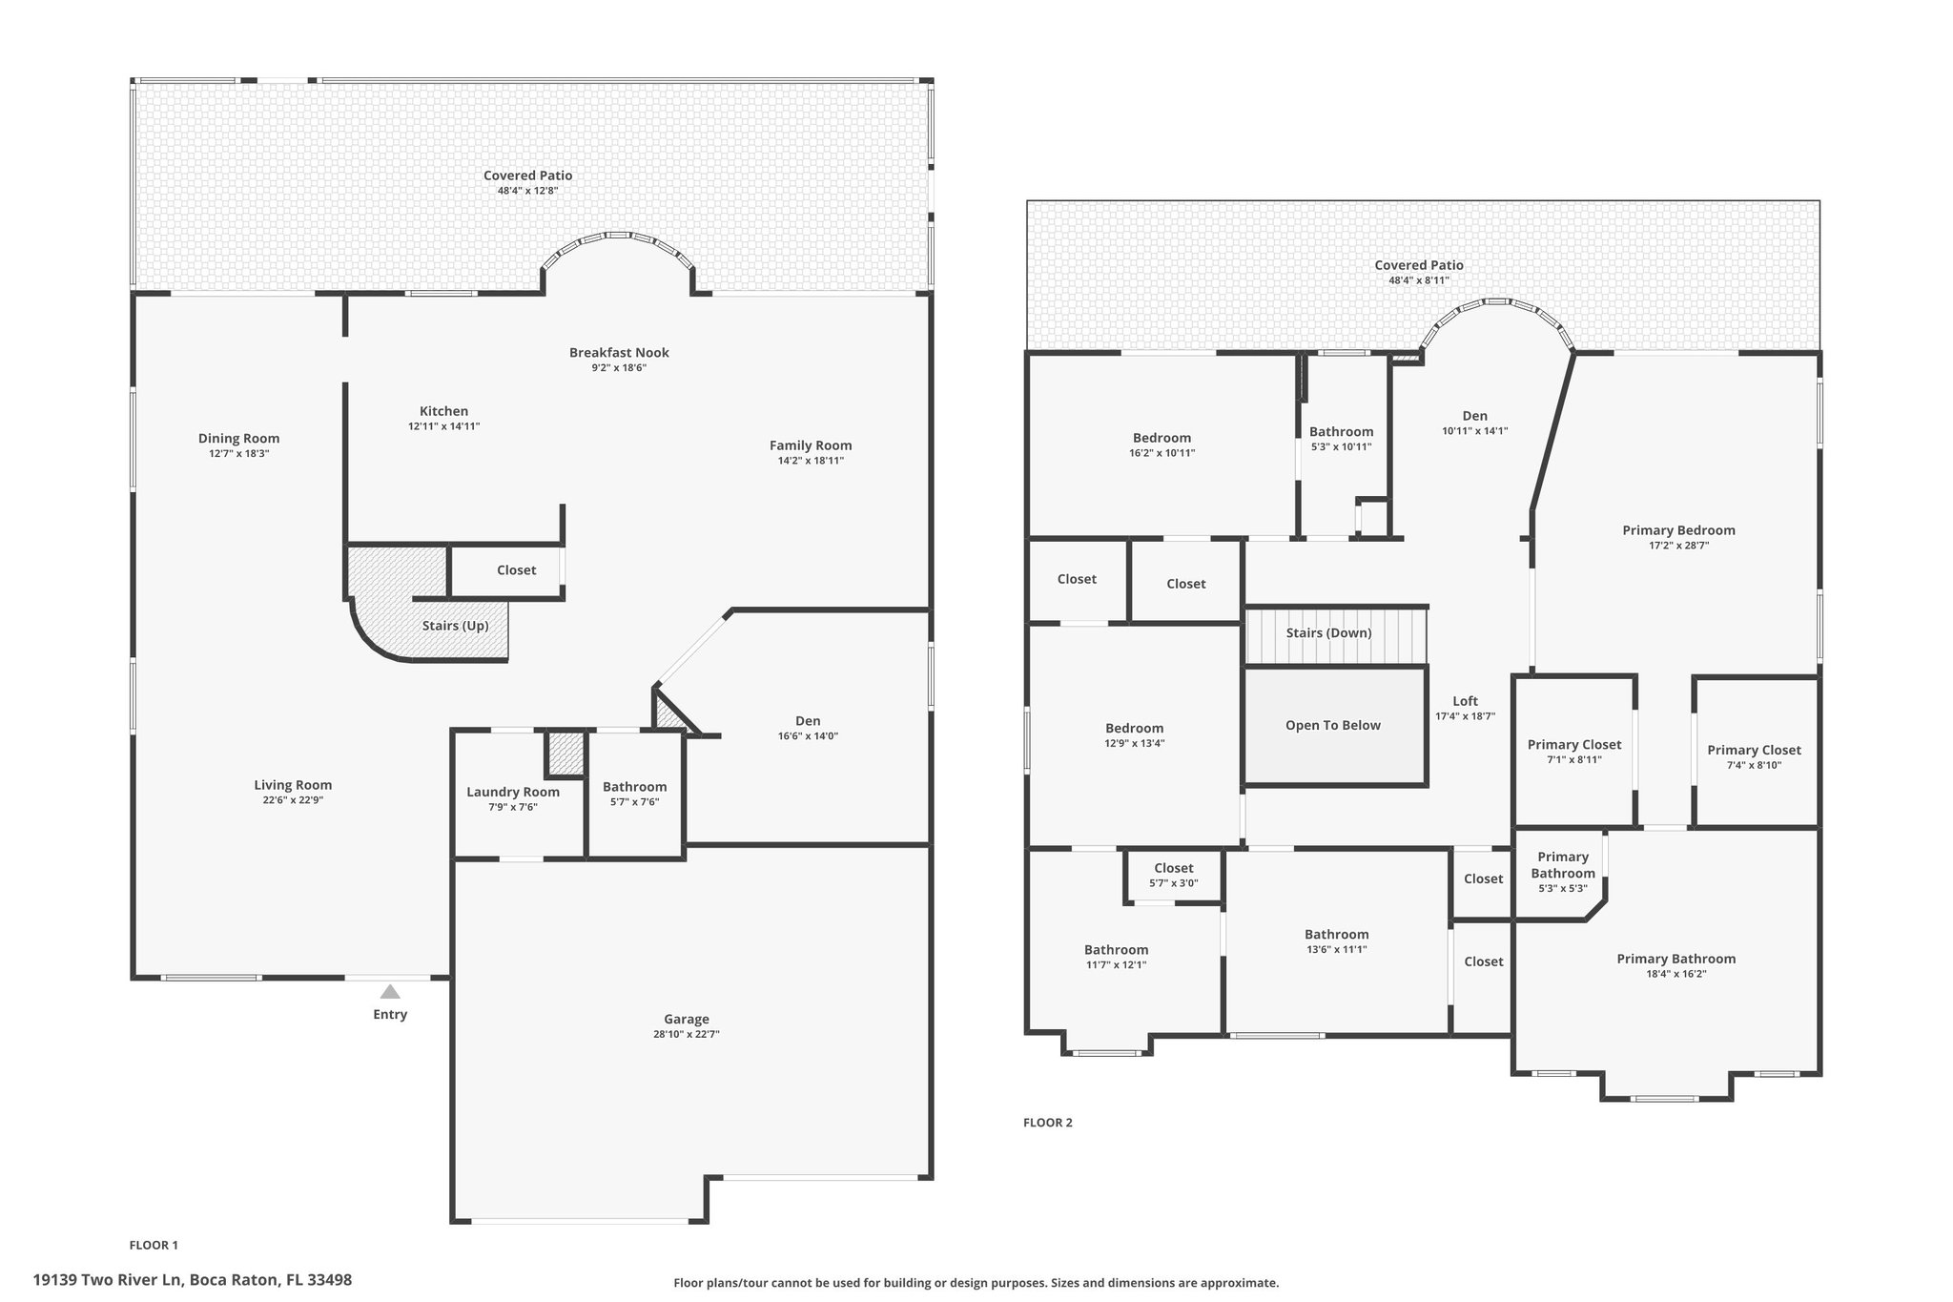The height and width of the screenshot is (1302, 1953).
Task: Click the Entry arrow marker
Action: click(390, 992)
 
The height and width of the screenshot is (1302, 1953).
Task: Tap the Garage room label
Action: click(687, 1019)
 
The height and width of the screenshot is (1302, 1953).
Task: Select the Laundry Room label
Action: click(513, 792)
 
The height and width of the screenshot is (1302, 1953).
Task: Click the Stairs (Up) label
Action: click(456, 626)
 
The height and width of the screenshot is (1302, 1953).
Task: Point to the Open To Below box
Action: click(1335, 726)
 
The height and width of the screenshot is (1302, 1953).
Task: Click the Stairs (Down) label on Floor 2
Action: click(1328, 632)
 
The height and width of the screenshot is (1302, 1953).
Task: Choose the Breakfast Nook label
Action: click(620, 352)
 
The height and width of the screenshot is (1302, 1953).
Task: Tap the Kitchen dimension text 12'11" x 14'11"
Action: click(444, 426)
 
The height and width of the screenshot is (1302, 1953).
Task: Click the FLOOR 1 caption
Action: click(154, 1245)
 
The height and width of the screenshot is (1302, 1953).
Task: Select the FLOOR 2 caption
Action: click(1048, 1123)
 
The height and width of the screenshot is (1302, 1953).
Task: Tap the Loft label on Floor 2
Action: click(1466, 701)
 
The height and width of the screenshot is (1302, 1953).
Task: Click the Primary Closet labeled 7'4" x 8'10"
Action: click(1755, 751)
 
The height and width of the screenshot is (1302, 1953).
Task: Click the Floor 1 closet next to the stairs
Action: click(517, 570)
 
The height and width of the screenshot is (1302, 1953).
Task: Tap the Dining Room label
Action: click(239, 439)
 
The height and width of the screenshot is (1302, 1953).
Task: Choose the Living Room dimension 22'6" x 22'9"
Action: click(293, 800)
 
